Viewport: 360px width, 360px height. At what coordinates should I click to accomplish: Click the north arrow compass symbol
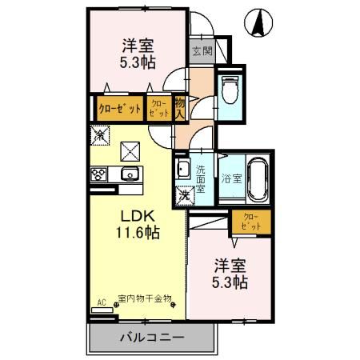[260, 22]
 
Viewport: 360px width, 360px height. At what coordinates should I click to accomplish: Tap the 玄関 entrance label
[202, 52]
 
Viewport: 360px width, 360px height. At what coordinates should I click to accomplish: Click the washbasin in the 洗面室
[182, 170]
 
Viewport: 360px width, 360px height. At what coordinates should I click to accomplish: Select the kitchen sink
[128, 175]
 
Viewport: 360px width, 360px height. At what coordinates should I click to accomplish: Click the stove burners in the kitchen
[100, 175]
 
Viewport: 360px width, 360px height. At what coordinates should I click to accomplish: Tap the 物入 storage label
[180, 106]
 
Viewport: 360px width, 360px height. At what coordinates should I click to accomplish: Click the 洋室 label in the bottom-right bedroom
[229, 266]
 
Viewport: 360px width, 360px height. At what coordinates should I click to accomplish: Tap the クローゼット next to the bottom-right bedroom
[250, 222]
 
